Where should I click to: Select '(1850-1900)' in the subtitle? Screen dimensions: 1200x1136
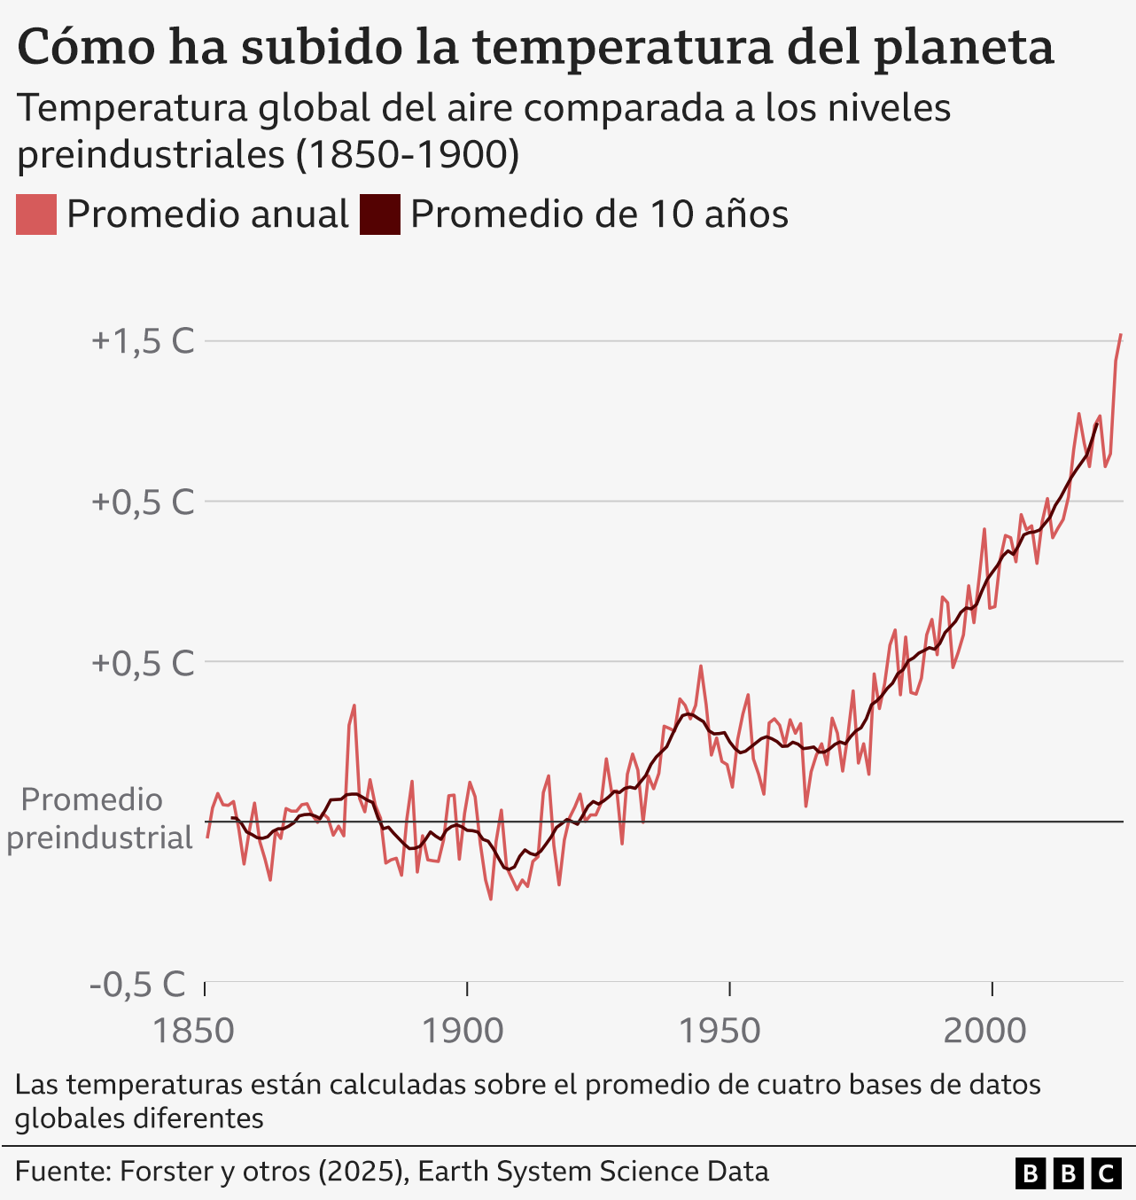[x=407, y=154]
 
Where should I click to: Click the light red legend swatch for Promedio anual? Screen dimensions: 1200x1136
[x=36, y=214]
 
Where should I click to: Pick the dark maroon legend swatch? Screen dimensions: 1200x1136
[x=379, y=214]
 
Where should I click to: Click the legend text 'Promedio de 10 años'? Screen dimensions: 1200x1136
[x=599, y=214]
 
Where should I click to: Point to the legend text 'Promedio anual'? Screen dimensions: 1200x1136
[x=207, y=214]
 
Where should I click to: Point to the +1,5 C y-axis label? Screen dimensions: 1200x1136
[x=143, y=341]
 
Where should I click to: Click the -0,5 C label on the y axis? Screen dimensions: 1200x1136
[x=138, y=984]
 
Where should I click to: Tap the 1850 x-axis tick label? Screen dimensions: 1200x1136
[x=193, y=1031]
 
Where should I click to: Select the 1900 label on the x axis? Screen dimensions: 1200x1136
[x=462, y=1031]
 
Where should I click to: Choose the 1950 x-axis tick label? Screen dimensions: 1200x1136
[x=720, y=1031]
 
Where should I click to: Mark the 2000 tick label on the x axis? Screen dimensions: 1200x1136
[x=984, y=1031]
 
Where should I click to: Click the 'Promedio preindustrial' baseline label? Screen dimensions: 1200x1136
[x=97, y=818]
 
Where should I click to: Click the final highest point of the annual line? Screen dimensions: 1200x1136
[x=1121, y=335]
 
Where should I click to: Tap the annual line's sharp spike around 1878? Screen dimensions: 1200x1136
[x=354, y=706]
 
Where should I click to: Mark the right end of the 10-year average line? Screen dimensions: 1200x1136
[x=1097, y=424]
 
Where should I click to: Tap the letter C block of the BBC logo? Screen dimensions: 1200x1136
[x=1105, y=1173]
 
